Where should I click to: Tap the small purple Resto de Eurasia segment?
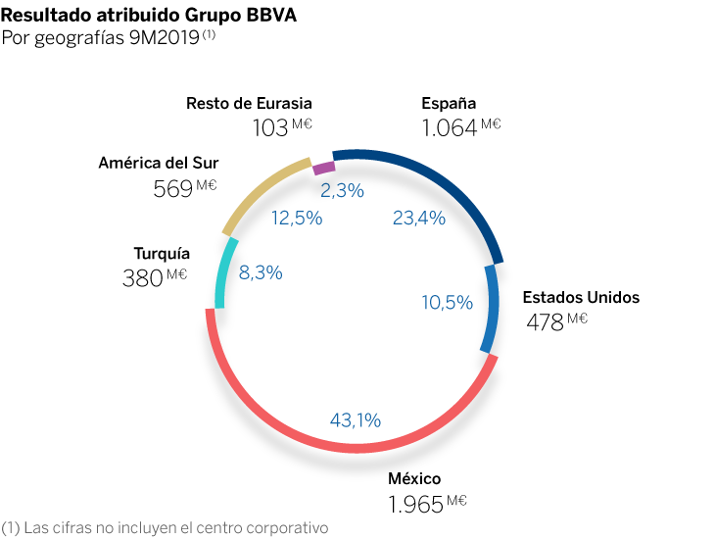[x=323, y=168]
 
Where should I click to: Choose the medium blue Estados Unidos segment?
[x=490, y=309]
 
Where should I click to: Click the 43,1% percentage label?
[x=356, y=420]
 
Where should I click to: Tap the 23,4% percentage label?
[x=418, y=218]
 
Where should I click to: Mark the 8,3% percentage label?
[x=261, y=273]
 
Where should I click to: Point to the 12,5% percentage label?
[x=297, y=218]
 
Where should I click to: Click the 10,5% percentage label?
[x=447, y=303]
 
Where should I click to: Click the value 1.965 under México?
[x=415, y=507]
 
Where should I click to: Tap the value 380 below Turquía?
[x=142, y=279]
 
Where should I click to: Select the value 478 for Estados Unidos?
[x=546, y=322]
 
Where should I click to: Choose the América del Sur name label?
[x=159, y=163]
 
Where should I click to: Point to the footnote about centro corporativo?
[x=165, y=527]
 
